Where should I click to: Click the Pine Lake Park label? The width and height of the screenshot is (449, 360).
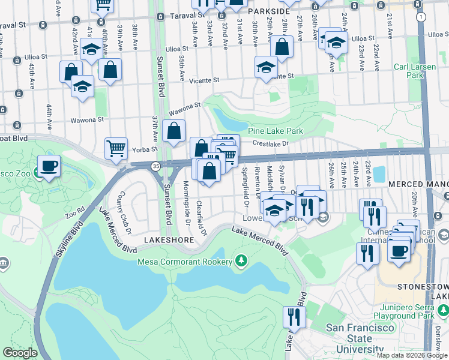click(x=276, y=131)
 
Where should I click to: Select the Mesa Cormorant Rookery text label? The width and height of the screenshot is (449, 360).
click(x=184, y=262)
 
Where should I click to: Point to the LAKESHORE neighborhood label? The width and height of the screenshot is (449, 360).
click(x=169, y=240)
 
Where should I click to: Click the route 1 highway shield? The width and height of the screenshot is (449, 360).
click(x=421, y=17)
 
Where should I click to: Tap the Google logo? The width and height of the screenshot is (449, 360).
click(x=20, y=353)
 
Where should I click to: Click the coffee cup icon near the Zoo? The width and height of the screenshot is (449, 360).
click(x=48, y=165)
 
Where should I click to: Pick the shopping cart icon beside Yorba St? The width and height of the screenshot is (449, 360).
click(x=116, y=148)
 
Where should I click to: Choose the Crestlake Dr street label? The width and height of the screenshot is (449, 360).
click(x=271, y=143)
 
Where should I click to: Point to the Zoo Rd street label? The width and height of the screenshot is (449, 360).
click(x=74, y=214)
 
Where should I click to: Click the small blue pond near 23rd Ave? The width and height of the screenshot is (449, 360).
click(x=379, y=174)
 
